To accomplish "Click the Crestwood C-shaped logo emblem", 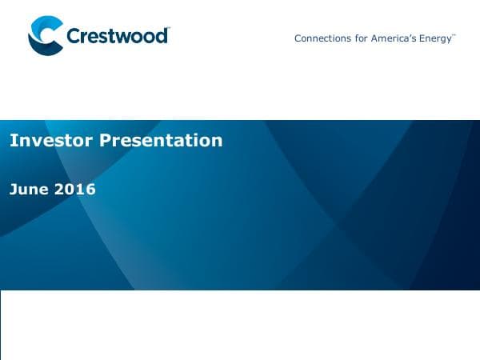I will (45, 37).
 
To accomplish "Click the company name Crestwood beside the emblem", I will (117, 37).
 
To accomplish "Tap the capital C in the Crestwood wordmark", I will (74, 37).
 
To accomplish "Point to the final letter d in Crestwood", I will (162, 36).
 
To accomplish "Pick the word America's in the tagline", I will (393, 38).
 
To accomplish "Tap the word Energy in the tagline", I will (435, 38).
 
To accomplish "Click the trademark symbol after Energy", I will (454, 35).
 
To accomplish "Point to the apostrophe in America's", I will (407, 36).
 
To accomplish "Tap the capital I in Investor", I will (12, 141).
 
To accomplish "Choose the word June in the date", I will (29, 190).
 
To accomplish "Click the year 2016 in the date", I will (75, 190).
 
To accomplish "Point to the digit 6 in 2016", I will (90, 190).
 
